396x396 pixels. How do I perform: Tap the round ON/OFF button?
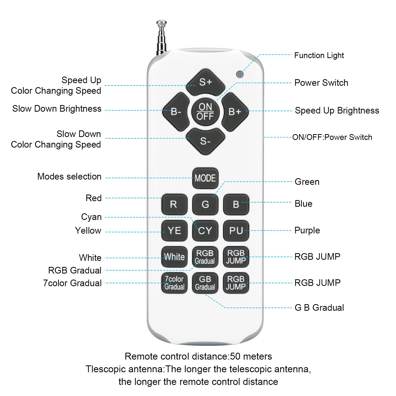[x=205, y=111]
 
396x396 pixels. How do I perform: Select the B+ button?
[x=235, y=112]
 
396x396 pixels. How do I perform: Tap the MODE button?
[x=205, y=178]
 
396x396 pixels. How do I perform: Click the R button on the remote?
[x=174, y=204]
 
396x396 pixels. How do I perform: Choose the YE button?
[x=174, y=230]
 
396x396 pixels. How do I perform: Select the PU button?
[x=236, y=230]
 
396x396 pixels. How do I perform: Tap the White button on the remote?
[x=174, y=257]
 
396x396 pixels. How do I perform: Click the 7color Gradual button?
[x=174, y=283]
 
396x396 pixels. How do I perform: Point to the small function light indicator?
[x=240, y=74]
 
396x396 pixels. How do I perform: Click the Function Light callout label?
[x=319, y=55]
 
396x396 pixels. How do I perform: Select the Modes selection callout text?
[x=69, y=176]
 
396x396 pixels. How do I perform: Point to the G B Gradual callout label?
[x=319, y=308]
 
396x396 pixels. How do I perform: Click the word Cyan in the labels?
[x=91, y=217]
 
